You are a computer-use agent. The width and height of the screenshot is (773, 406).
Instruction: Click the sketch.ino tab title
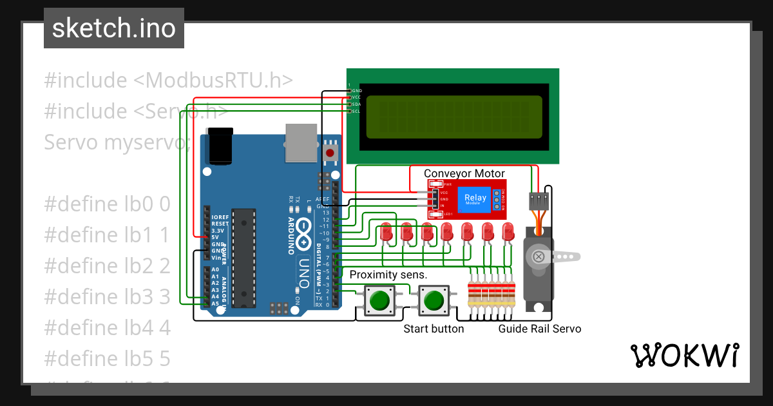click(113, 28)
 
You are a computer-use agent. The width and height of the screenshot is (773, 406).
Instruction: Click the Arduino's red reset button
click(330, 153)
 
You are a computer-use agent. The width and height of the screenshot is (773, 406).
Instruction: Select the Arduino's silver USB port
click(301, 142)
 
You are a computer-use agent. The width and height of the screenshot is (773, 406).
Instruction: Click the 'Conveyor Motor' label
click(464, 173)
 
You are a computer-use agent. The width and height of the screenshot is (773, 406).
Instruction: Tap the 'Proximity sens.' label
click(388, 275)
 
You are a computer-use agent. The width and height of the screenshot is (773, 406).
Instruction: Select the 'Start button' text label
click(433, 329)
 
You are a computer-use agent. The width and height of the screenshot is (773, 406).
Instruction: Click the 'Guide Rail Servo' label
click(539, 329)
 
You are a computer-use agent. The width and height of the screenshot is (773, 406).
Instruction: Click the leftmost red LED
click(386, 232)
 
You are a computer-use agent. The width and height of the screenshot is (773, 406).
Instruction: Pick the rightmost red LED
click(508, 232)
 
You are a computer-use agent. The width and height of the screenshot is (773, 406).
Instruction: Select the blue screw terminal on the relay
click(497, 200)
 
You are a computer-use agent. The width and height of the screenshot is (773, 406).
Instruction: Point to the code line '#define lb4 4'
click(107, 327)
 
